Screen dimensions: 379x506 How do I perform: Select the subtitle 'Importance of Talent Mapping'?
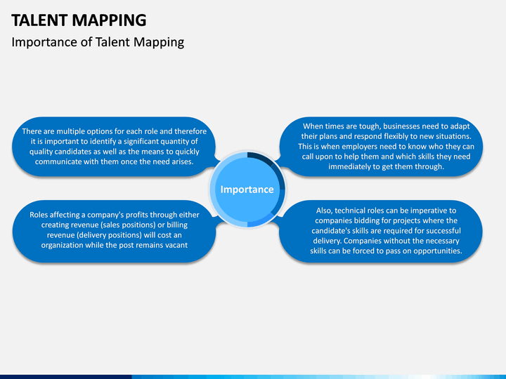98,42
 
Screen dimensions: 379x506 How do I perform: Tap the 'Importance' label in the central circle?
247,189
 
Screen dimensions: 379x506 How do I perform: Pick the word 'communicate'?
60,161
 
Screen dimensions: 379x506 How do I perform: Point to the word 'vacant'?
173,245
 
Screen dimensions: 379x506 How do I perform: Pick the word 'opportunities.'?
430,251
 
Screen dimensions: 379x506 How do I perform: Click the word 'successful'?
439,230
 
